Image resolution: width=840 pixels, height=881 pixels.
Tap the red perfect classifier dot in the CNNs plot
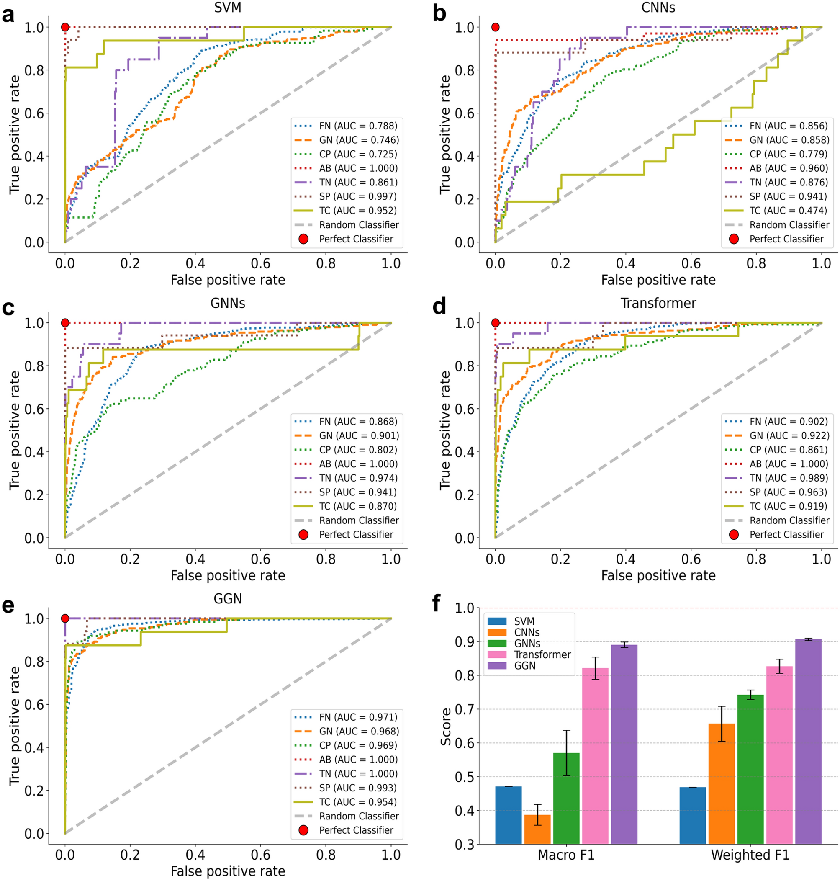click(495, 27)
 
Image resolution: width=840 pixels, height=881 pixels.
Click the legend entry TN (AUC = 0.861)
click(358, 182)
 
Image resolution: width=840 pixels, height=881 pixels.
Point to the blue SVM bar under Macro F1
click(508, 815)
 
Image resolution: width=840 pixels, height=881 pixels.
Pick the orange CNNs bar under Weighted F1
click(721, 783)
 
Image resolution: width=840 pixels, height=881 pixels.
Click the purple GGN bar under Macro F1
click(624, 744)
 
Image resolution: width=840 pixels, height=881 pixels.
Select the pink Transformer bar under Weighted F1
click(779, 755)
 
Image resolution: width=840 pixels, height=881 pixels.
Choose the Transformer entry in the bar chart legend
click(542, 654)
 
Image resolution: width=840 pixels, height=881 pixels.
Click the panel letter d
click(439, 307)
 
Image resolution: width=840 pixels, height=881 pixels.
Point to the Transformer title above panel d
click(658, 303)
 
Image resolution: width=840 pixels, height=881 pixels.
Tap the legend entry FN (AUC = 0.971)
click(358, 717)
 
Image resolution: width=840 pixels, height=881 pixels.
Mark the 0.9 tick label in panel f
click(464, 642)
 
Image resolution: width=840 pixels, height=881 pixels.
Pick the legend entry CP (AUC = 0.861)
click(788, 450)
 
